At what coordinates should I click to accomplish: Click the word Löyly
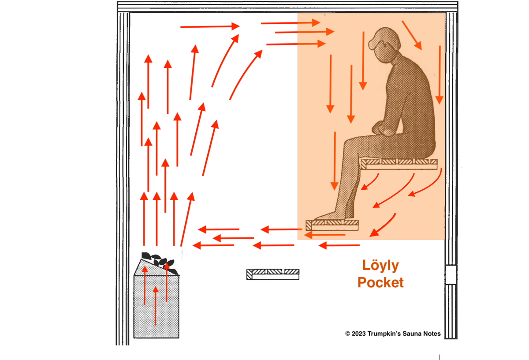pos(380,266)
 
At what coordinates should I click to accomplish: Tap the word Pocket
pos(380,282)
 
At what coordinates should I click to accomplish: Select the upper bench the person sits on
pos(399,164)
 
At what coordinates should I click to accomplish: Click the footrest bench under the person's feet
pos(332,225)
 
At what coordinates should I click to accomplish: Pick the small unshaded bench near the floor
pos(273,274)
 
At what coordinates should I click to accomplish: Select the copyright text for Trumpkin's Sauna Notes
pos(393,334)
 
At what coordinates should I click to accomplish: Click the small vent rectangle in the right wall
pos(451,274)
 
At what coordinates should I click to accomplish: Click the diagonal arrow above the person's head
pos(412,34)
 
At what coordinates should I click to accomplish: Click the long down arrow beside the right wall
pos(440,75)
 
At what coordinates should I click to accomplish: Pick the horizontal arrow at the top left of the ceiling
pos(209,27)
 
